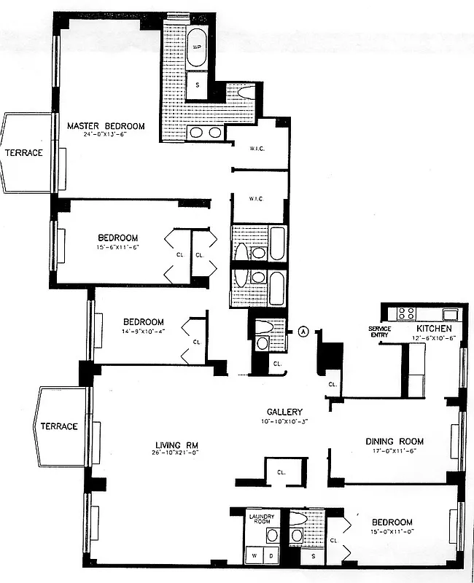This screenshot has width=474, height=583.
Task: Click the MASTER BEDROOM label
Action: click(x=106, y=126)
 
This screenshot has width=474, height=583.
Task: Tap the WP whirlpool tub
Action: click(x=197, y=47)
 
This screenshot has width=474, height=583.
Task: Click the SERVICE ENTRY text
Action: click(x=380, y=332)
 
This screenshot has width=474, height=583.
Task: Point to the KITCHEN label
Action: click(x=435, y=329)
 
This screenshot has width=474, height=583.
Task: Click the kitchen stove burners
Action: click(x=405, y=314)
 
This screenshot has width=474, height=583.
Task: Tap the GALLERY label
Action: click(x=284, y=412)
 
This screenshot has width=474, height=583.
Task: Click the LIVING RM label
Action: click(x=176, y=446)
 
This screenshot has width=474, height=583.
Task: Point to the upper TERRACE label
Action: click(x=24, y=153)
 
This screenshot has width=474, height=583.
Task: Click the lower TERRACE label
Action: click(x=59, y=426)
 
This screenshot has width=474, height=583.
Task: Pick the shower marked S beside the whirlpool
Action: click(x=197, y=86)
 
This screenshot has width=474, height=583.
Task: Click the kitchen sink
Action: click(x=449, y=314)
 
